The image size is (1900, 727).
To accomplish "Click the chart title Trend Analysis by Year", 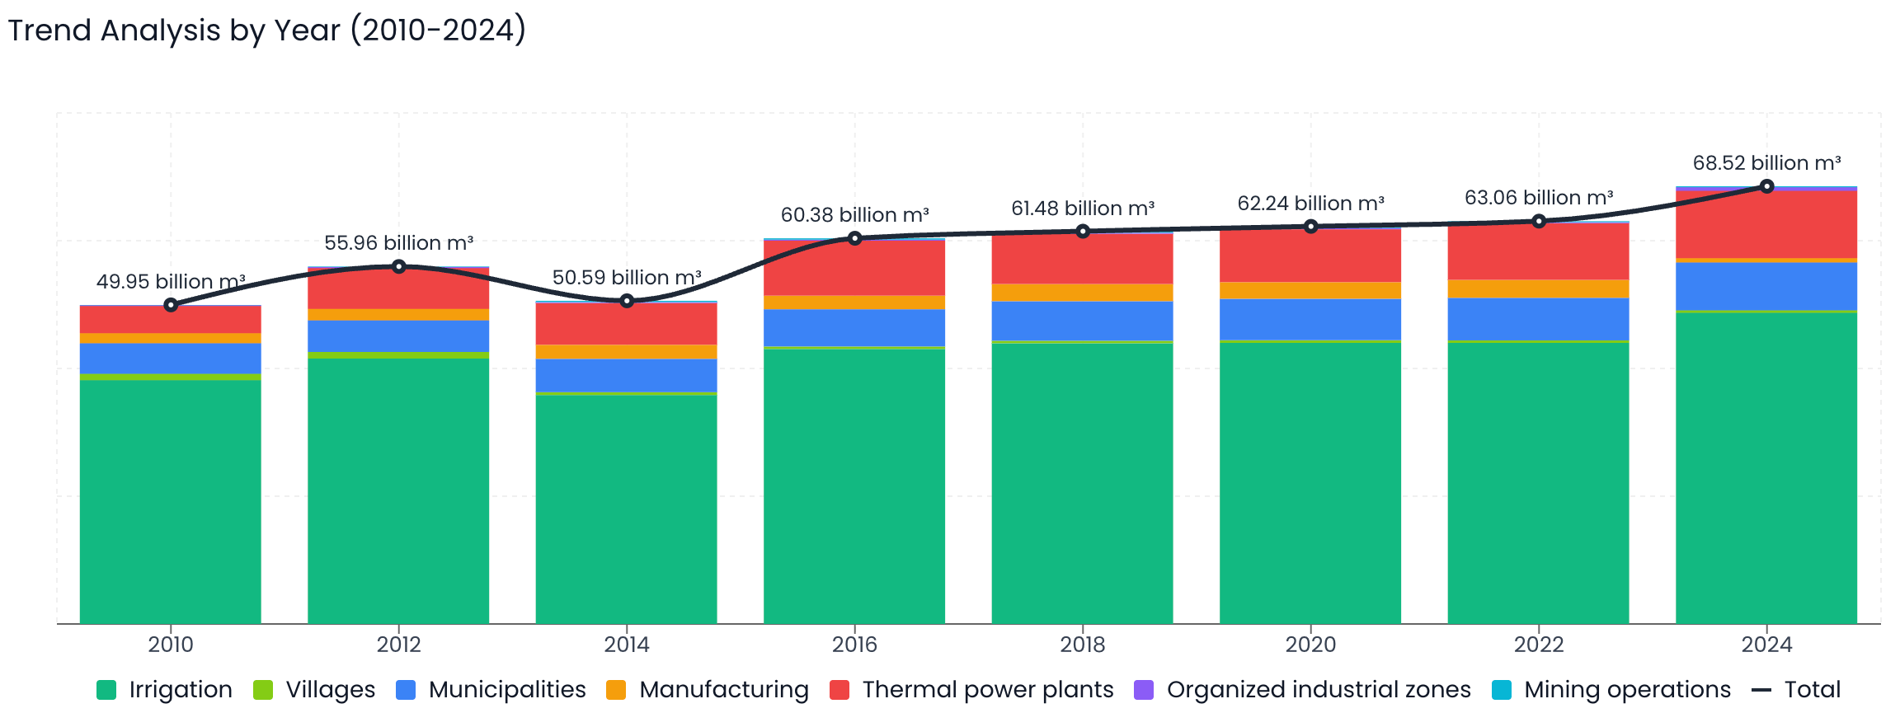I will tap(266, 31).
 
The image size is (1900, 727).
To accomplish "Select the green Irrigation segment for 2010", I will tap(170, 501).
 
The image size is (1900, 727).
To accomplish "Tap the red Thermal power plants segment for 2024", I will tap(1766, 224).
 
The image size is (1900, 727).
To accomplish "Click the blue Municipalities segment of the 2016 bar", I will tap(854, 327).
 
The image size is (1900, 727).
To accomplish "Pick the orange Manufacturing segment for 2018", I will tap(1082, 293).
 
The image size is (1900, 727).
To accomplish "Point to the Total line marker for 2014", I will tap(627, 301).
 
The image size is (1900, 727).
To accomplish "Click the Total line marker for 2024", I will tap(1766, 186).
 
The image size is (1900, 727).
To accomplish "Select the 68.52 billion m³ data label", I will tap(1766, 163).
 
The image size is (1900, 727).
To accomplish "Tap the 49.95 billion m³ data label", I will tap(170, 282).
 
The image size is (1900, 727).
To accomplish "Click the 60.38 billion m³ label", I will tap(854, 215).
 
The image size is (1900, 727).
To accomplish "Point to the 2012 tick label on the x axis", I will tap(398, 645).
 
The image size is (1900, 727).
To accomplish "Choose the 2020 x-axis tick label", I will tap(1310, 645).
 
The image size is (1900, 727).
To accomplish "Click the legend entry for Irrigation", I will tap(164, 690).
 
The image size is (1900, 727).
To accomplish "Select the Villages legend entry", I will tap(314, 690).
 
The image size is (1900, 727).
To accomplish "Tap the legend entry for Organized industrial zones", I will tap(1302, 690).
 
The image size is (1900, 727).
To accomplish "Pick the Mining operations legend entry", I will tap(1611, 690).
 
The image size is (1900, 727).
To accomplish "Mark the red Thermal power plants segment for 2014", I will tap(626, 324).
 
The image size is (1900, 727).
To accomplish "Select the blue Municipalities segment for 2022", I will tap(1538, 319).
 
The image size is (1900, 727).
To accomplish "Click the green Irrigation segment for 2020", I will tap(1310, 482).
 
